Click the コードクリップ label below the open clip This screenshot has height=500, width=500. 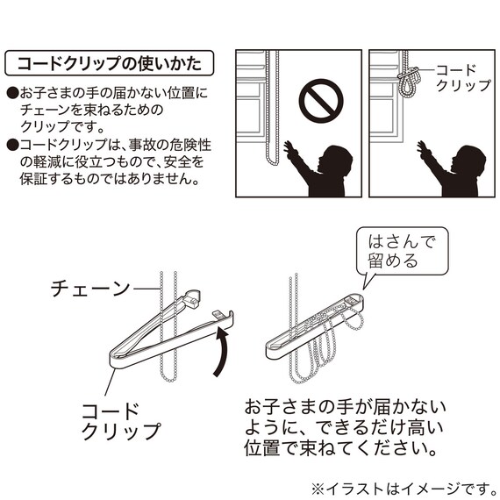(x=121, y=421)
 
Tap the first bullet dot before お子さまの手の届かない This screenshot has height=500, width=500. (x=11, y=92)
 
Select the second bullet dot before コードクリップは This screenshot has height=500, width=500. (x=11, y=144)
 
